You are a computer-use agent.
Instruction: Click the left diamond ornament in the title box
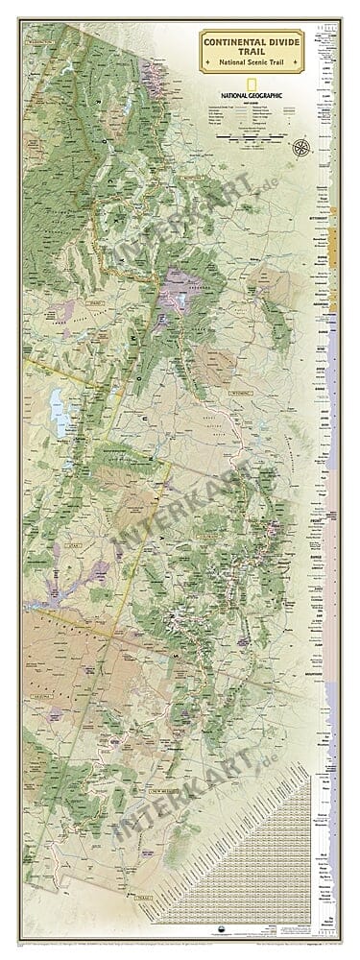tap(207, 63)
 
